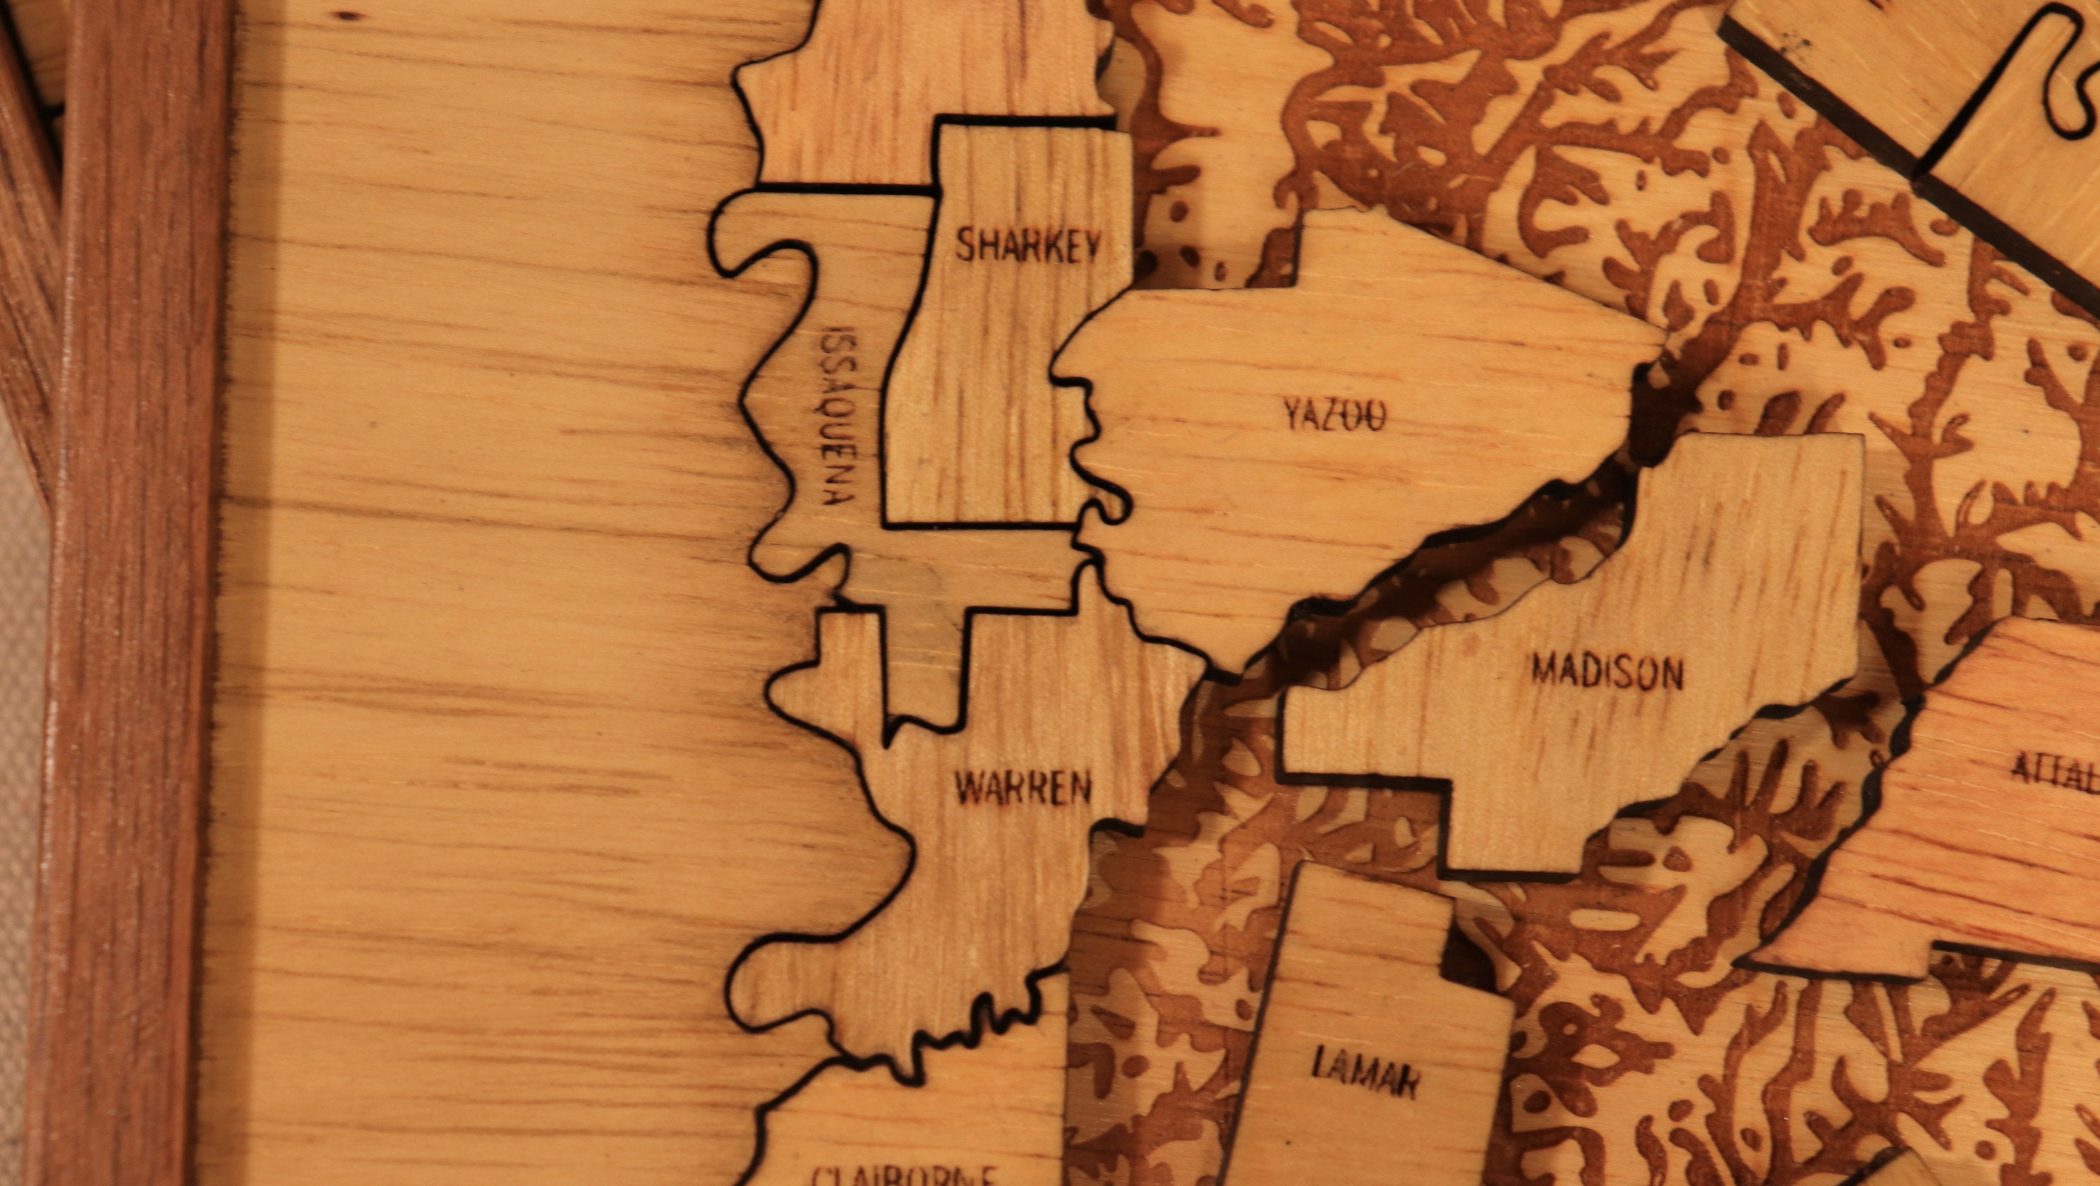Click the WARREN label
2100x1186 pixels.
[1022, 788]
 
